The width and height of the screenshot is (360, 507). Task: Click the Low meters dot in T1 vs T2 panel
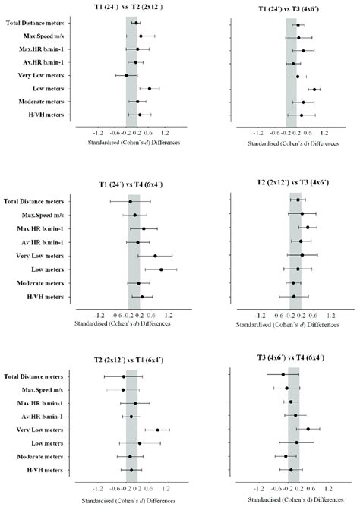[150, 89]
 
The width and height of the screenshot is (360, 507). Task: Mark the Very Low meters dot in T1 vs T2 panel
[127, 76]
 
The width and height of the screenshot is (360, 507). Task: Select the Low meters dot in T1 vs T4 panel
[161, 269]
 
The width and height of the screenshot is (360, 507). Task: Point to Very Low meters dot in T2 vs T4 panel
[158, 430]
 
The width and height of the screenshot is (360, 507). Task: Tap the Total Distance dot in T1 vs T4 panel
[130, 202]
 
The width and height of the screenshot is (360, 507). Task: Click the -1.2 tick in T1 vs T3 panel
[260, 131]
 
